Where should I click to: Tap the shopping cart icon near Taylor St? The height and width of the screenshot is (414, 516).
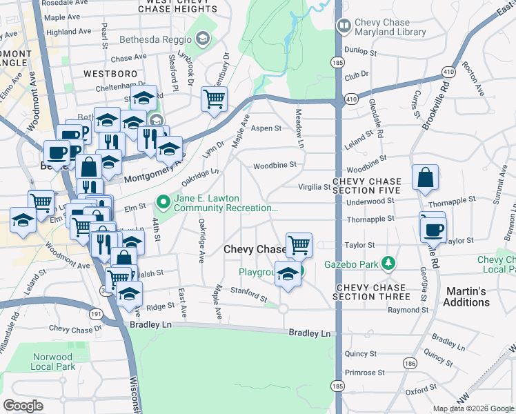[299, 244]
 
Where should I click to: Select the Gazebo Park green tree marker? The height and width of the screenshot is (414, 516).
[389, 263]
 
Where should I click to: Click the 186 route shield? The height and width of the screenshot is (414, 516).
[410, 362]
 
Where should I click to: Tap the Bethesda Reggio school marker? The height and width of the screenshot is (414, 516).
[202, 39]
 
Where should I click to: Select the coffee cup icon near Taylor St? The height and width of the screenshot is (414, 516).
[434, 229]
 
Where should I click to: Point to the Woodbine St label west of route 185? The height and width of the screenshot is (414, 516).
[274, 165]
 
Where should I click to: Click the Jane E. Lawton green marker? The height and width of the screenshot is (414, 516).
[163, 202]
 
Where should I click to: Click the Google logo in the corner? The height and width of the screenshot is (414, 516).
[23, 406]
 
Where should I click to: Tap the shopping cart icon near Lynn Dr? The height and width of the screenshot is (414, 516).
[214, 99]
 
